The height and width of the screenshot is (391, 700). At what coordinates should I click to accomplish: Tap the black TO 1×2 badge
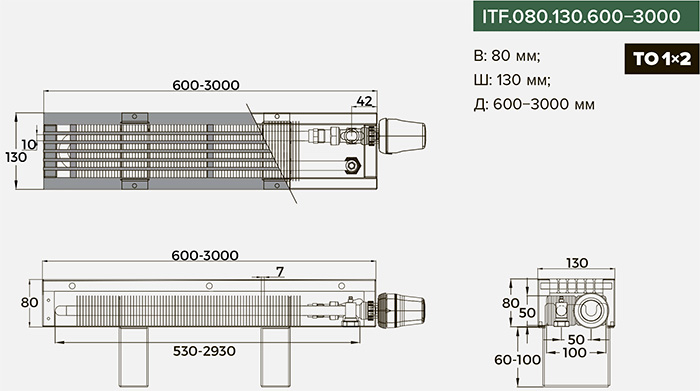coord(662,59)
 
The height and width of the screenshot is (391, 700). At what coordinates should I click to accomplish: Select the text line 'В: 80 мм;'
coord(507,56)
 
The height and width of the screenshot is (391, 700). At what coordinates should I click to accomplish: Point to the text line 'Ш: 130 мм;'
coord(512,80)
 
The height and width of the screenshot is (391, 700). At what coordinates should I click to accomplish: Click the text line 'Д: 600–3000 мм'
coord(534,104)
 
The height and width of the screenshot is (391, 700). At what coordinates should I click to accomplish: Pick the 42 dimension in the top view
coord(364,101)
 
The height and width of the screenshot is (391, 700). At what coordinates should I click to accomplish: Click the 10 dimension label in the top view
coord(29,144)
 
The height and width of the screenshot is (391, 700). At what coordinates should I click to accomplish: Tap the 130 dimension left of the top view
coord(16,157)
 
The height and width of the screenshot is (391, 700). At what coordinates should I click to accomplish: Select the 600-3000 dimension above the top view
coord(206,85)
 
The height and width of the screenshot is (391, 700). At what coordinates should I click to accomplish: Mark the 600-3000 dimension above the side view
coord(205,255)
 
